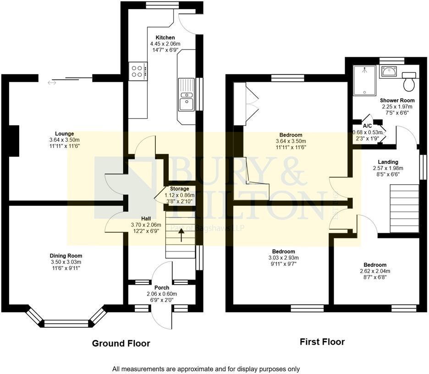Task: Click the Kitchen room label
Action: point(165,38)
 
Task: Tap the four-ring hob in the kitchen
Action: point(137,71)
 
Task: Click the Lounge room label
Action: point(65,134)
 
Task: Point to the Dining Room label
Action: point(66,256)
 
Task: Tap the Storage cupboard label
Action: point(179,189)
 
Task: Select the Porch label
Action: point(162,288)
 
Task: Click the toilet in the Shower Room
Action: point(408,81)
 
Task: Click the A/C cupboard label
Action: point(367,126)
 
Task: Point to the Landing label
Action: point(388,162)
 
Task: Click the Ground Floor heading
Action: point(121,343)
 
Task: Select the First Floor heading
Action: point(322,341)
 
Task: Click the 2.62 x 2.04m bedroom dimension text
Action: point(375,271)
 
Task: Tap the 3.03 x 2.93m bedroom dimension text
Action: point(283,258)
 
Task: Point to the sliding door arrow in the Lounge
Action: point(52,82)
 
